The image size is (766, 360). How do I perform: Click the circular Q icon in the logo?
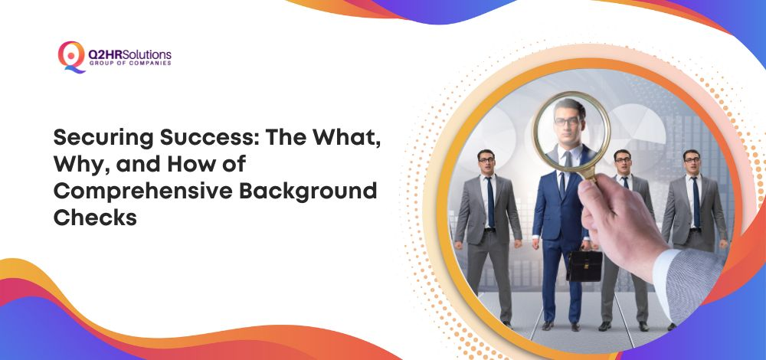[71, 57]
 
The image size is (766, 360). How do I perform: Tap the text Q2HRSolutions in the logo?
[130, 54]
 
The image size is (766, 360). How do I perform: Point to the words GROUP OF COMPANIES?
[130, 64]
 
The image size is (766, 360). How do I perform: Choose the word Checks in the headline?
[95, 218]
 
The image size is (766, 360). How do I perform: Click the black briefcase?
[584, 266]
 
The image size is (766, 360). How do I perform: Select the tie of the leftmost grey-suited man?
[489, 201]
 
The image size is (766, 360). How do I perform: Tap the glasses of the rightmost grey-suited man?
[692, 160]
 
